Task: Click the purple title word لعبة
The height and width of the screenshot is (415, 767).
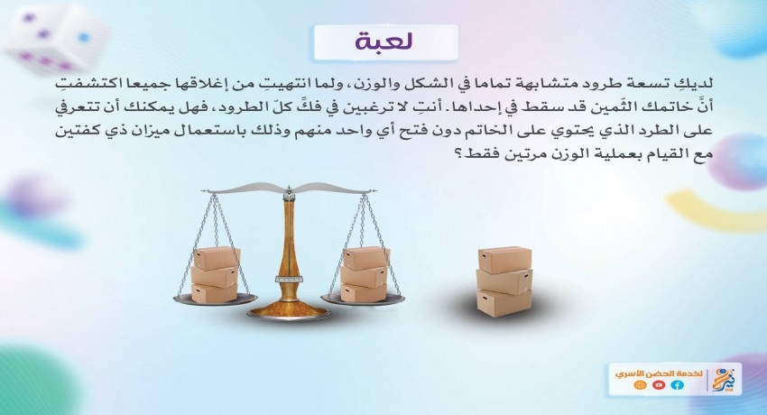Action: [x=384, y=41]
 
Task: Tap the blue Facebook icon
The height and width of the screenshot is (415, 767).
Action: [x=678, y=385]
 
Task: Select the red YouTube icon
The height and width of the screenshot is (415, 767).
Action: [x=659, y=385]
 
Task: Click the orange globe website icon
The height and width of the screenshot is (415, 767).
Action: [x=640, y=385]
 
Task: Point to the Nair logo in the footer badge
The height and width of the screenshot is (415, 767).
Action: [x=724, y=379]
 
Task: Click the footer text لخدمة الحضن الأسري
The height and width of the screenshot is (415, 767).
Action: [x=659, y=373]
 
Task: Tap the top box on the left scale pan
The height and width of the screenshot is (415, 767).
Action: [x=217, y=258]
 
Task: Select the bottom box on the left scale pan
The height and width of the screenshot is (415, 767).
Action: [x=214, y=293]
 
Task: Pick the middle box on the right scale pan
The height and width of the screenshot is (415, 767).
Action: [x=365, y=277]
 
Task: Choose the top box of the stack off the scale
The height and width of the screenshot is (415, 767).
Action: [x=504, y=260]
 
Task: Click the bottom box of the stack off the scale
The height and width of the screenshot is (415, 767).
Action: [x=504, y=303]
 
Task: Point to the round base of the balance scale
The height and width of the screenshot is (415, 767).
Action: [x=288, y=311]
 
